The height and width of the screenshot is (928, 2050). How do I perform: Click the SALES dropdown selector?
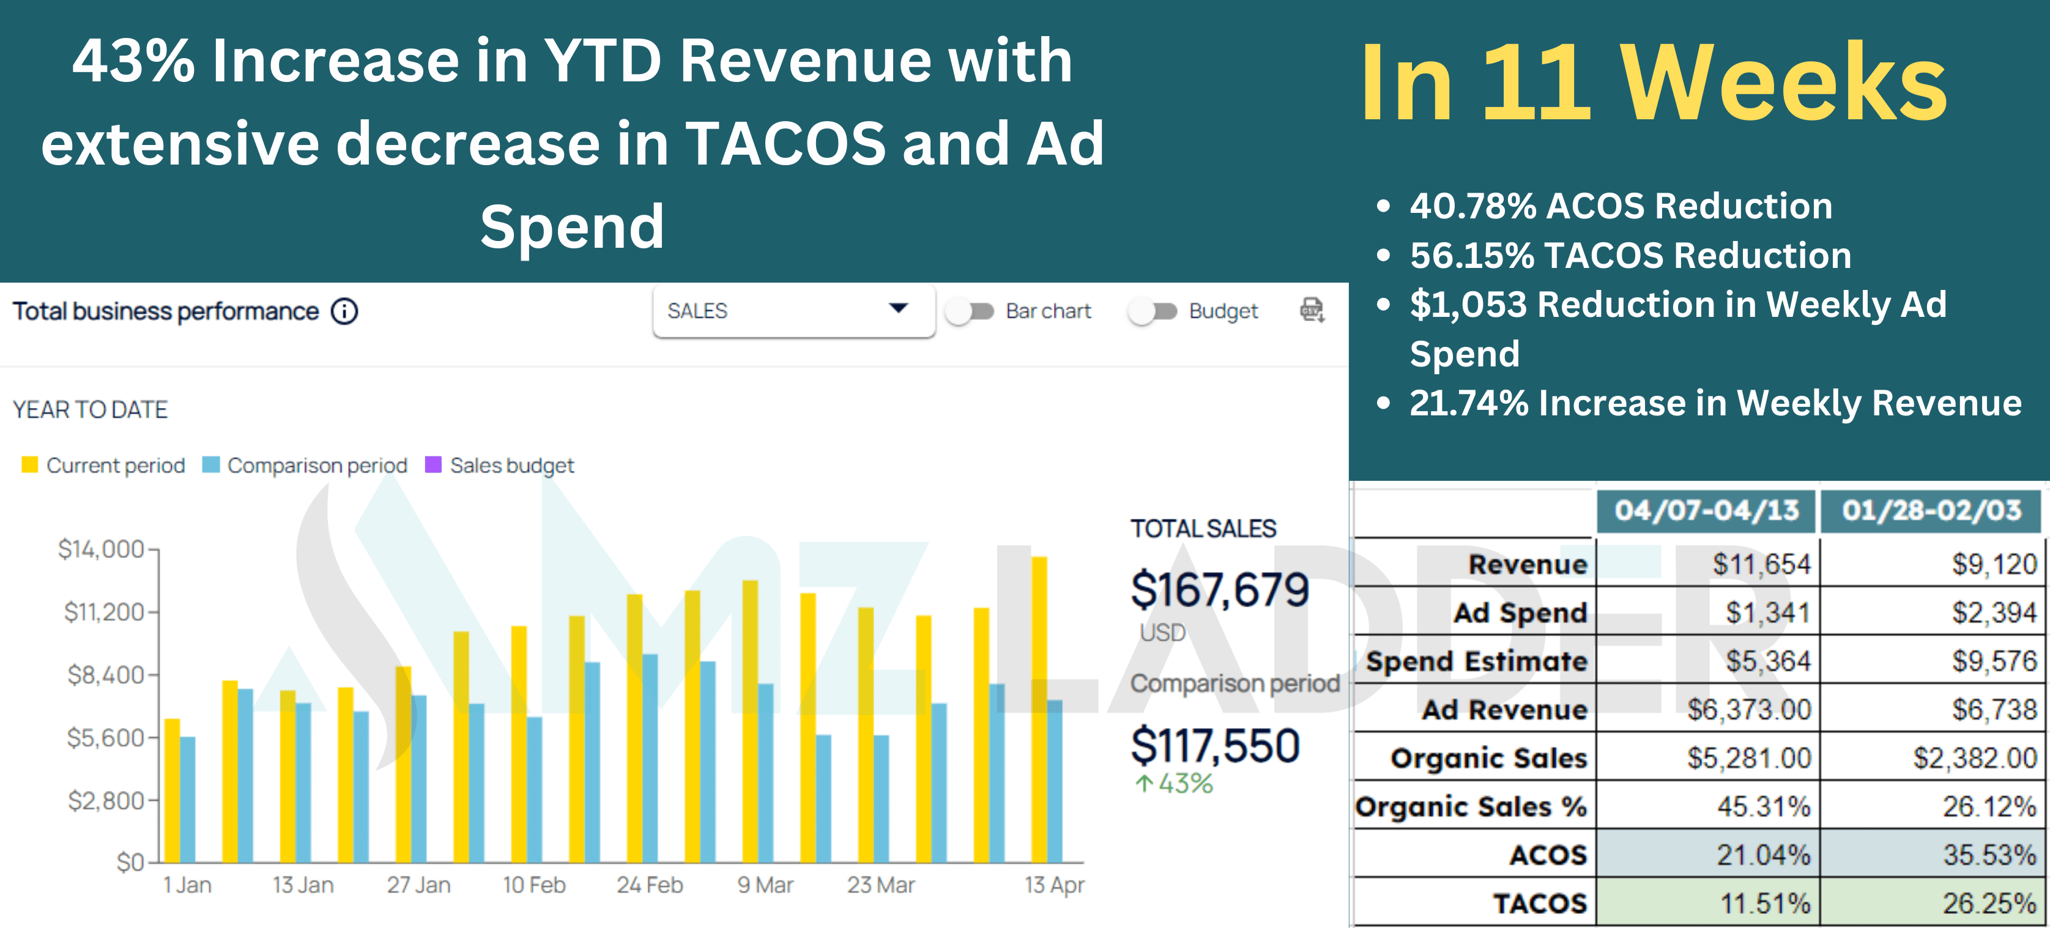tap(793, 311)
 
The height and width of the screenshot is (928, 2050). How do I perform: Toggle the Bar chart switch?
tap(969, 311)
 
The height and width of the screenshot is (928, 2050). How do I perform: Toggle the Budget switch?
tap(1153, 311)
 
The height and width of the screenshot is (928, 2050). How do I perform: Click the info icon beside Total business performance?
tap(344, 311)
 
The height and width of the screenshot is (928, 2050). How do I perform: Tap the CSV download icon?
tap(1312, 310)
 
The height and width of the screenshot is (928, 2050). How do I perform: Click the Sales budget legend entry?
tap(500, 465)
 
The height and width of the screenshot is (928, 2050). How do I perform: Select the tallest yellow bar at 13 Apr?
tap(1039, 708)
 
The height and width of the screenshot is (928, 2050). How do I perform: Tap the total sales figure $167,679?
tap(1219, 590)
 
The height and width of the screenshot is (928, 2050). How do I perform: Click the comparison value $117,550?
tap(1214, 746)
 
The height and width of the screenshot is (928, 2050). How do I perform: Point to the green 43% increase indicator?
tap(1174, 784)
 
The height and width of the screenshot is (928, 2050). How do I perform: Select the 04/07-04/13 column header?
tap(1706, 510)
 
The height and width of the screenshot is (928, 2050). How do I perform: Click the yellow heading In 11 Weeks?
tap(1653, 84)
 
